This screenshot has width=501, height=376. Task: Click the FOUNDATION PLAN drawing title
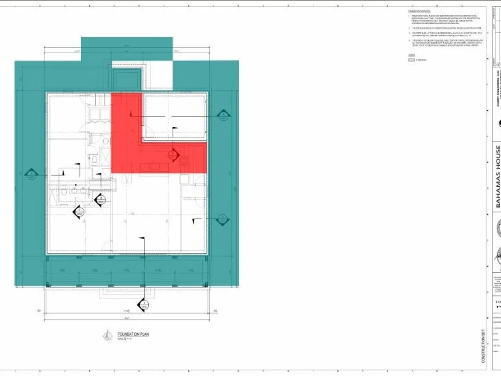pyautogui.click(x=133, y=334)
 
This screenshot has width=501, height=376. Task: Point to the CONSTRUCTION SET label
pyautogui.click(x=483, y=346)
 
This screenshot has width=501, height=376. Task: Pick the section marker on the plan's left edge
pyautogui.click(x=31, y=175)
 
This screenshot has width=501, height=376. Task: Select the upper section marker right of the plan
pyautogui.click(x=223, y=115)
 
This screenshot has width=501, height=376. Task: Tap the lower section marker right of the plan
pyautogui.click(x=222, y=219)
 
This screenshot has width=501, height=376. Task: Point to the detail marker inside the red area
pyautogui.click(x=173, y=155)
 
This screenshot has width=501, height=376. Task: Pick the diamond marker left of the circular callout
pyautogui.click(x=79, y=212)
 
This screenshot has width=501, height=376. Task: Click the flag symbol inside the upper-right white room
pyautogui.click(x=174, y=130)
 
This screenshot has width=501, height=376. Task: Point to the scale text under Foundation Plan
pyautogui.click(x=124, y=339)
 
